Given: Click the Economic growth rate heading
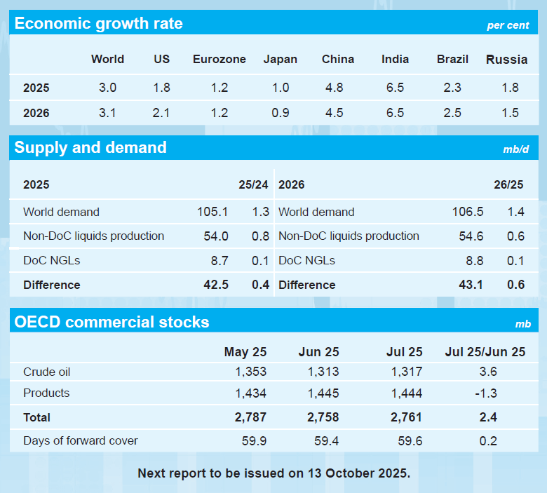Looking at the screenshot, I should (98, 24).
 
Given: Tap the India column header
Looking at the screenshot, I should (396, 60).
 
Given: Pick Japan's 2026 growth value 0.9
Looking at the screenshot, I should (280, 113).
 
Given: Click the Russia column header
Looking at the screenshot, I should (506, 60).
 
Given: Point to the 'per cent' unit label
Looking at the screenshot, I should (508, 26).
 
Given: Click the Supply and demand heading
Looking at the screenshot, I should (90, 148).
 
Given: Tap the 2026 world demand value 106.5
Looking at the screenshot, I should (468, 212).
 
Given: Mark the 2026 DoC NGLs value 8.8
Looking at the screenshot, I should (474, 260).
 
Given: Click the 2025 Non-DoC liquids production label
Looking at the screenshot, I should (93, 236).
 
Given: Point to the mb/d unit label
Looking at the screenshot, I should (515, 150).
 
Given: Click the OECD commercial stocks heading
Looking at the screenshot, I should (112, 323).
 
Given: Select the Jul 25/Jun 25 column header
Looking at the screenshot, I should (485, 352).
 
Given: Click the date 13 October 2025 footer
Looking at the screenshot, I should (358, 473).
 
